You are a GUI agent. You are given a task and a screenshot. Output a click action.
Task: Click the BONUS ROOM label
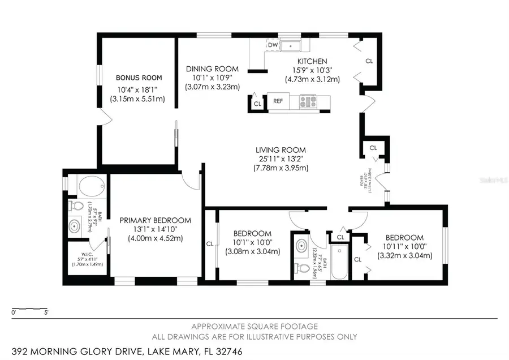tap(139, 78)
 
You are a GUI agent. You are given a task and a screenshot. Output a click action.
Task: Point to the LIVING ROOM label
tap(281, 150)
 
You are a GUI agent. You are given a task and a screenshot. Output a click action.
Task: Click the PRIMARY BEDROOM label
tap(155, 220)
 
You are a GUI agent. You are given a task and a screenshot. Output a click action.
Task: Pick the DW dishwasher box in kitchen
tap(273, 45)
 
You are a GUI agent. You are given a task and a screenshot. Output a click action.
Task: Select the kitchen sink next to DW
tap(292, 45)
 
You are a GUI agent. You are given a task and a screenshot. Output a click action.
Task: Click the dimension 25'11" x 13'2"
tap(281, 159)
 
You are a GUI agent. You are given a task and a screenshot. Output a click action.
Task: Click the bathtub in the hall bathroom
tap(340, 263)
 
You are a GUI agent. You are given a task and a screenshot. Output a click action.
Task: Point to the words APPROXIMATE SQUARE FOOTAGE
tap(254, 326)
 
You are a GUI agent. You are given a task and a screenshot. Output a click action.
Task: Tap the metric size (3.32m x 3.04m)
tap(405, 256)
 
